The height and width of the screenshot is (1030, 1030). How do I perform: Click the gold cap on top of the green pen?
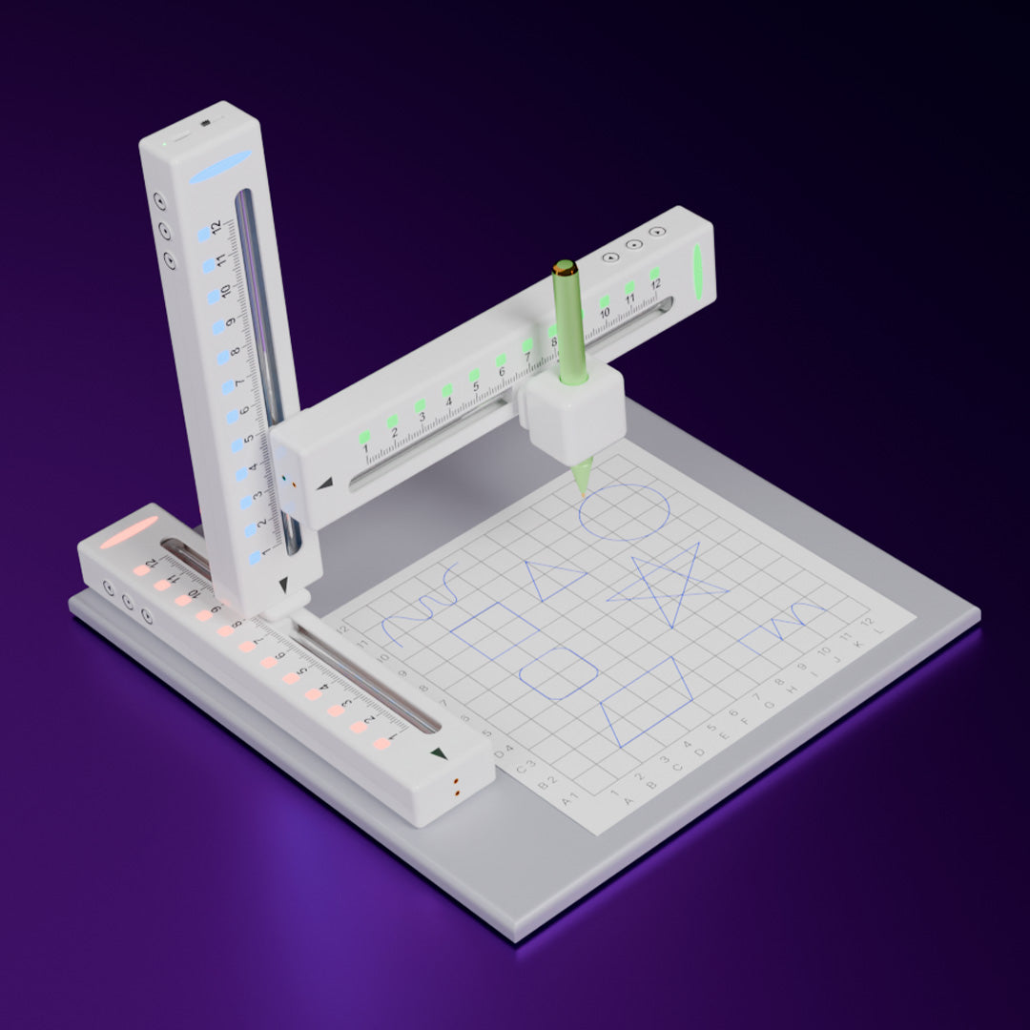pos(564,267)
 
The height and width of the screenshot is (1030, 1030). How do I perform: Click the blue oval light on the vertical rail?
pos(220,167)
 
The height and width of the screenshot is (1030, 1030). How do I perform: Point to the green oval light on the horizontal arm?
pos(697,271)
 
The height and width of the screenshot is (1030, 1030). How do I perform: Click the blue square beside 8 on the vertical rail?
pos(222,357)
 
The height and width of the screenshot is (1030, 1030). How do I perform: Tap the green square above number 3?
pos(420,405)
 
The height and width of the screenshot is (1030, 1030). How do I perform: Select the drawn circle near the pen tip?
pos(625,512)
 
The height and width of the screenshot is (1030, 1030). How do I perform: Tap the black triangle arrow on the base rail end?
pos(438,753)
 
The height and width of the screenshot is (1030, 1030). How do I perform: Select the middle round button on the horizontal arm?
pos(631,244)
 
